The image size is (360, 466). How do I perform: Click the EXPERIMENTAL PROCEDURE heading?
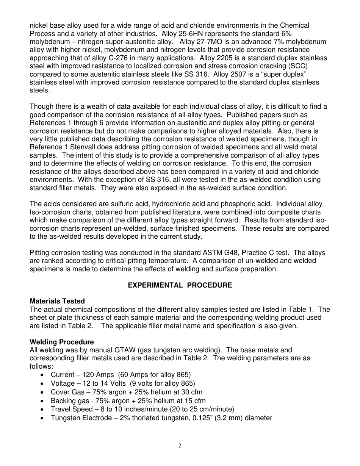pyautogui.click(x=180, y=285)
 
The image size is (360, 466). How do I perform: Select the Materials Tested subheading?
pyautogui.click(x=57, y=301)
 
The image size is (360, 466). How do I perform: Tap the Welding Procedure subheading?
pyautogui.click(x=62, y=342)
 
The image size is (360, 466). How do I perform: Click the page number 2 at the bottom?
pyautogui.click(x=180, y=446)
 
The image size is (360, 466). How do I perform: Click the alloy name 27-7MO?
pyautogui.click(x=210, y=42)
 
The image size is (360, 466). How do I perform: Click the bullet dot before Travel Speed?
pyautogui.click(x=41, y=409)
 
